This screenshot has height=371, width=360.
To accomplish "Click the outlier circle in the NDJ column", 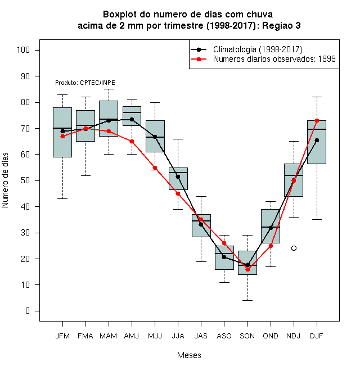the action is [294, 248].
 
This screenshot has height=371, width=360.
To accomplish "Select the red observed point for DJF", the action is [317, 120].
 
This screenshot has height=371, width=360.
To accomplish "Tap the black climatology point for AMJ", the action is [132, 120].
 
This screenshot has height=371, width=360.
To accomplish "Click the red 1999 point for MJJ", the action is [155, 168].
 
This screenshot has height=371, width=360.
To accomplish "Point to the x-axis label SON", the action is [247, 336].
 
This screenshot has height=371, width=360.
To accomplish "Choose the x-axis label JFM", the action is [62, 336].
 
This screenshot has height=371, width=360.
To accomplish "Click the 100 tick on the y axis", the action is [23, 50].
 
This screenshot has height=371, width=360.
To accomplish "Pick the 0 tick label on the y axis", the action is [28, 311].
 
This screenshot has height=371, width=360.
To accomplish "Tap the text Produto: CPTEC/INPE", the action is [85, 83].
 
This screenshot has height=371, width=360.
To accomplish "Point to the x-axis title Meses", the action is [189, 355].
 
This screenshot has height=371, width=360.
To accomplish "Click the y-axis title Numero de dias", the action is [5, 180].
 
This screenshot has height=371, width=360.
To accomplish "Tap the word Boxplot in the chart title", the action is [120, 15].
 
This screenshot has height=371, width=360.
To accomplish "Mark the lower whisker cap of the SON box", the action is [247, 301].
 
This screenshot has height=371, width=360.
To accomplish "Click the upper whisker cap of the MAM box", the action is [109, 89].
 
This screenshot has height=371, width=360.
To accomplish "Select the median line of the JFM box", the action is [62, 128].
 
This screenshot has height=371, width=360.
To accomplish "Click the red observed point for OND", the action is [271, 246].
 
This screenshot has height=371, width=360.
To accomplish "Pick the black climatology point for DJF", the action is [317, 141].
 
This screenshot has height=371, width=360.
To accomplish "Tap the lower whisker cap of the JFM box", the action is [62, 199].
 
